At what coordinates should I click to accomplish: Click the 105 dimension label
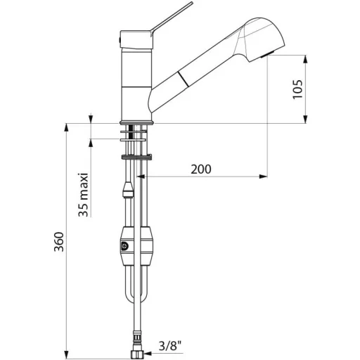[x=297, y=89]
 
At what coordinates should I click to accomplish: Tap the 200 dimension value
[x=201, y=169]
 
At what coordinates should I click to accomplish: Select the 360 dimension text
[x=59, y=242]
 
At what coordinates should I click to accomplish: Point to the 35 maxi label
[x=84, y=195]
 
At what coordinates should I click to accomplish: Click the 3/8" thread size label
[x=170, y=345]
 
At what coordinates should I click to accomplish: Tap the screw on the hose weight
[x=124, y=246]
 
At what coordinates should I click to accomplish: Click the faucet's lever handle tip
[x=191, y=3]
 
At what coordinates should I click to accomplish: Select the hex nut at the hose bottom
[x=138, y=353]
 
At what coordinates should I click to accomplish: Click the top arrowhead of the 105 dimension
[x=305, y=59]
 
